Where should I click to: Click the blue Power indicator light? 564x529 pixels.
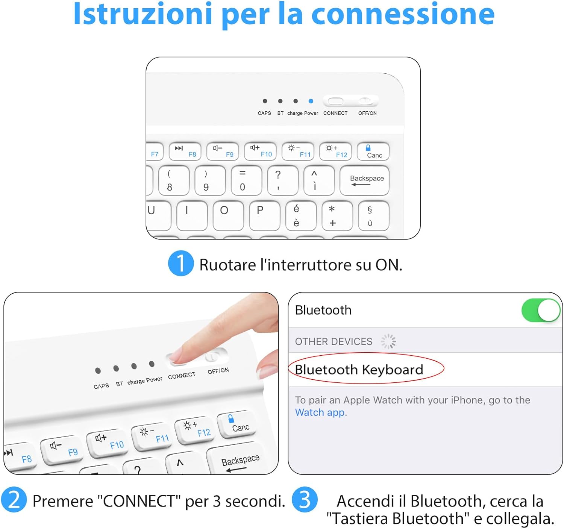point(311,101)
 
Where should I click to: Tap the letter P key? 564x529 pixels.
point(264,215)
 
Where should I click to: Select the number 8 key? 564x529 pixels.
point(173,180)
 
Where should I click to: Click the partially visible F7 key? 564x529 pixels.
point(155,151)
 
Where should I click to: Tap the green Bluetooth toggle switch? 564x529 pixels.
point(541,310)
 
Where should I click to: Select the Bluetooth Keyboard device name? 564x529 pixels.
point(359,370)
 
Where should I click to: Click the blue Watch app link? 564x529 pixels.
point(321,412)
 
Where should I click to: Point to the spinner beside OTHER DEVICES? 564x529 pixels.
point(388,341)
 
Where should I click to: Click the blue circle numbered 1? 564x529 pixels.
point(181,264)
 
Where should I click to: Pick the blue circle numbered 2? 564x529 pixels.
point(14,500)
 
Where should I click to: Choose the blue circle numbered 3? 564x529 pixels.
point(305,500)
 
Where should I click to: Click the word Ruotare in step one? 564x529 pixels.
point(227,265)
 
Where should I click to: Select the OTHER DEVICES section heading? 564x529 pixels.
point(334,341)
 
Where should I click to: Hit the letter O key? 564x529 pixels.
point(228,215)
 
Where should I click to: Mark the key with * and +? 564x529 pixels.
point(337,215)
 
